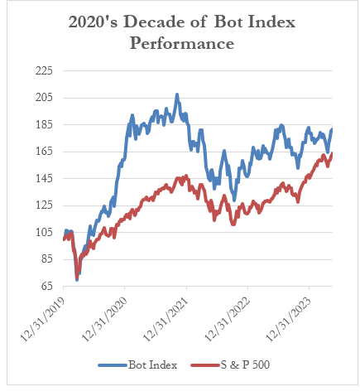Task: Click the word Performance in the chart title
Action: click(181, 41)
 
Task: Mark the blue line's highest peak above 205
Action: click(176, 95)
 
